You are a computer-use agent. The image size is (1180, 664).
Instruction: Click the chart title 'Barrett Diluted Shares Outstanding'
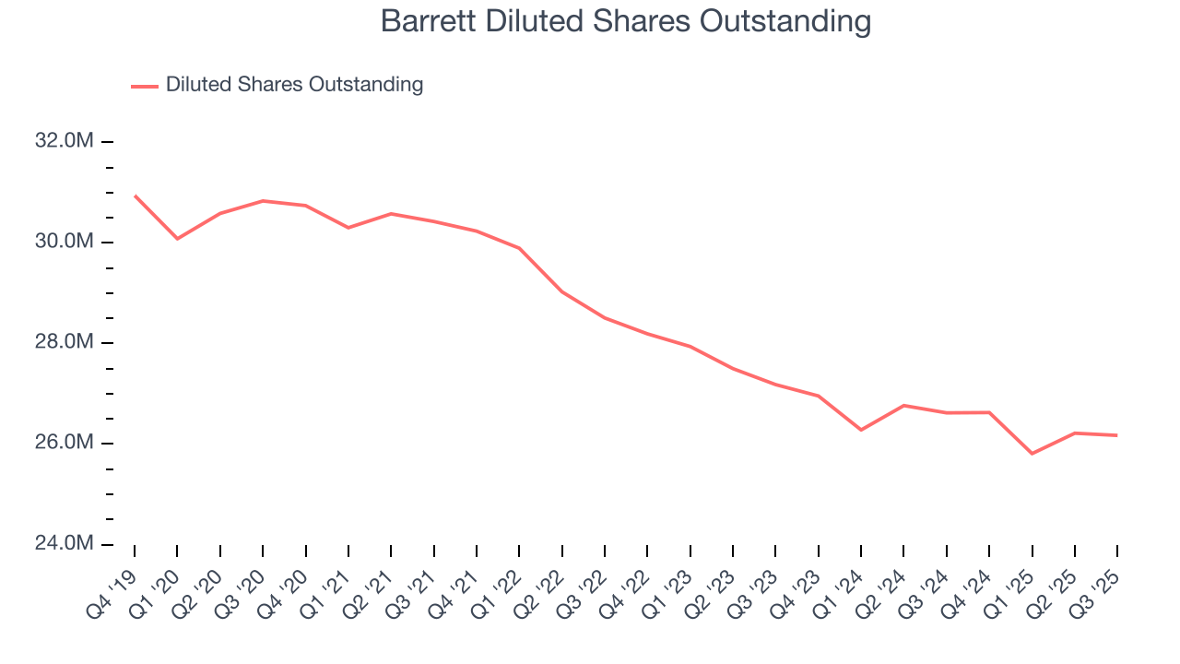coord(626,21)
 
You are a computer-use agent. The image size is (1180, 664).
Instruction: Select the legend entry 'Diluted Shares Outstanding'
coord(294,85)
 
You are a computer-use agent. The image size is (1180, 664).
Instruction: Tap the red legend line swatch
coord(145,86)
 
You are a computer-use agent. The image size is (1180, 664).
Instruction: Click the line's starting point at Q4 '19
coord(135,196)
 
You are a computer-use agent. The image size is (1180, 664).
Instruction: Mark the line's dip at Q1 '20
coord(177,239)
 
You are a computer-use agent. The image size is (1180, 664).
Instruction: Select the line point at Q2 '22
coord(561,291)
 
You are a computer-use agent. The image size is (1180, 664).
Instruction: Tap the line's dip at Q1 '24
coord(861,430)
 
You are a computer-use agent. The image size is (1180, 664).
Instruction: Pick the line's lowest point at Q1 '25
coord(1032,454)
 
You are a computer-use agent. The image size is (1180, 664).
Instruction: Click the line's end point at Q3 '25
coord(1117,435)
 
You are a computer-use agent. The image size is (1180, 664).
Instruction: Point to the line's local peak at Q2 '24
coord(903,405)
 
